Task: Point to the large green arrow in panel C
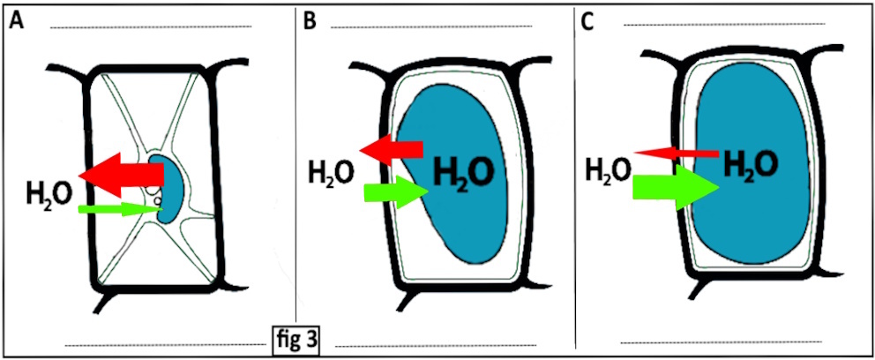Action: [x=672, y=187]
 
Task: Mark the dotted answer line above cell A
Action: [x=150, y=26]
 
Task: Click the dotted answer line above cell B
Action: [x=432, y=26]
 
